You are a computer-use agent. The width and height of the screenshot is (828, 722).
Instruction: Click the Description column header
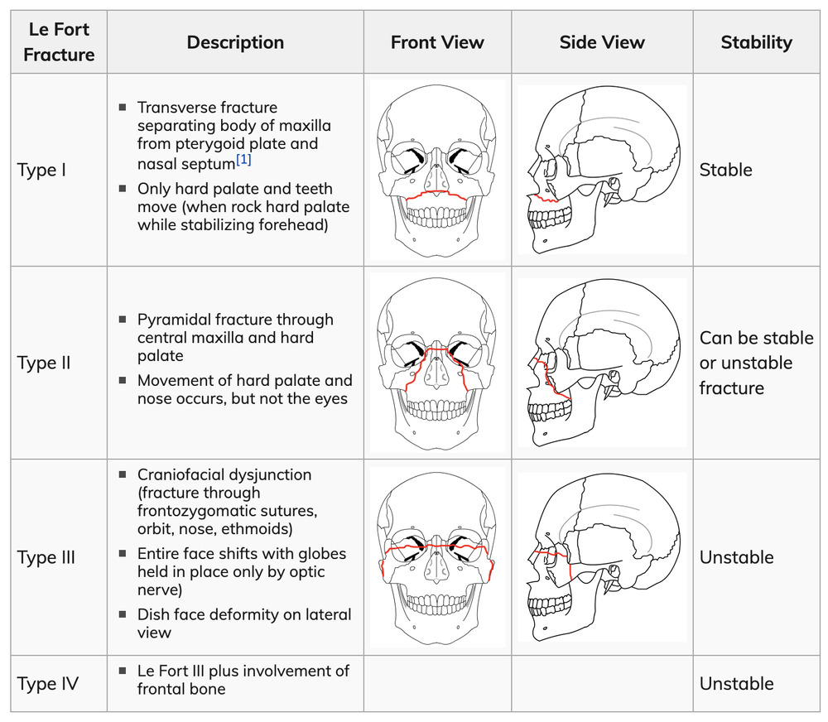click(x=235, y=42)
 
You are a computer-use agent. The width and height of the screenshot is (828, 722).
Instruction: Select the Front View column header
click(x=437, y=42)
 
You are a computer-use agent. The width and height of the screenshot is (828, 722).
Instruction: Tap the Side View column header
click(x=602, y=42)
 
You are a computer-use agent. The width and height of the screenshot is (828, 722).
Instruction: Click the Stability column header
click(x=756, y=42)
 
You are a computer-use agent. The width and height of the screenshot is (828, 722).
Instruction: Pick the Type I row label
click(x=41, y=170)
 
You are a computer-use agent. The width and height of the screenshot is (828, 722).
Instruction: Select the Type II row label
click(x=44, y=363)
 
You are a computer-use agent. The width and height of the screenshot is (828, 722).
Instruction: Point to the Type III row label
click(x=46, y=557)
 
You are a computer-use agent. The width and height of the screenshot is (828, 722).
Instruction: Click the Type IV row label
click(x=47, y=683)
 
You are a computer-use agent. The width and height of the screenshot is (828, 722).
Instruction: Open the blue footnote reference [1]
click(x=243, y=160)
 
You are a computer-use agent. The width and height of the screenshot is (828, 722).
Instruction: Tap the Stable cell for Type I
click(x=725, y=170)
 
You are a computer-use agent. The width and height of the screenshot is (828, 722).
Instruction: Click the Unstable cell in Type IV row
click(x=737, y=683)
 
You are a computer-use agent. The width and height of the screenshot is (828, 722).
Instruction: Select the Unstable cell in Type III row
click(x=737, y=557)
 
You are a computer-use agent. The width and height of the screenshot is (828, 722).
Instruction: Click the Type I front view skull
click(x=436, y=170)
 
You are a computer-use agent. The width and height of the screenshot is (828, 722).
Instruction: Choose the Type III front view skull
click(x=436, y=557)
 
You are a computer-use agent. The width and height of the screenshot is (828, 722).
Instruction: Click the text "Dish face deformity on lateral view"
click(x=244, y=623)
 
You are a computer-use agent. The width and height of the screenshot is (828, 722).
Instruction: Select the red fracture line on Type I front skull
click(x=436, y=193)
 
